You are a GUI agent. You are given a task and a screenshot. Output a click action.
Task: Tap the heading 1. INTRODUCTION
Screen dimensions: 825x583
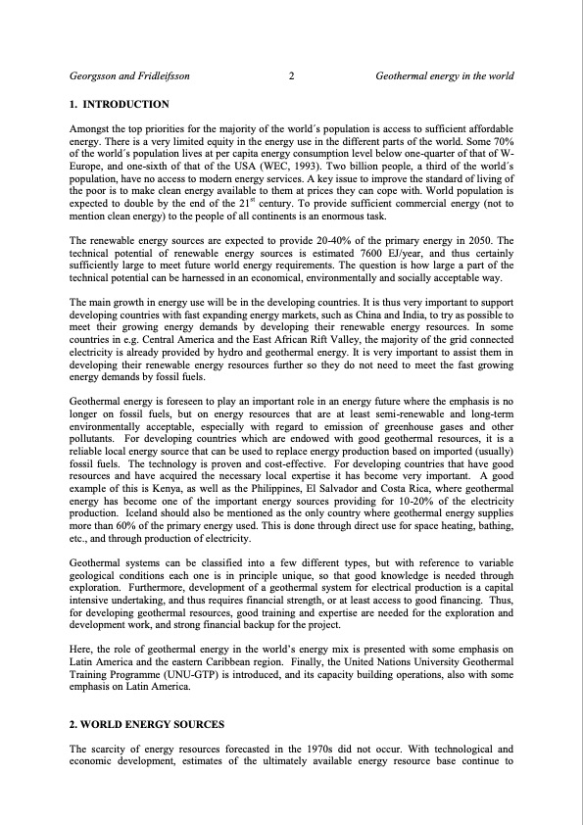point(120,104)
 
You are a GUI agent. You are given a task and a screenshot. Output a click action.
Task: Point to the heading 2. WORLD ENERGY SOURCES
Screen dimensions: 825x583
point(148,725)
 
